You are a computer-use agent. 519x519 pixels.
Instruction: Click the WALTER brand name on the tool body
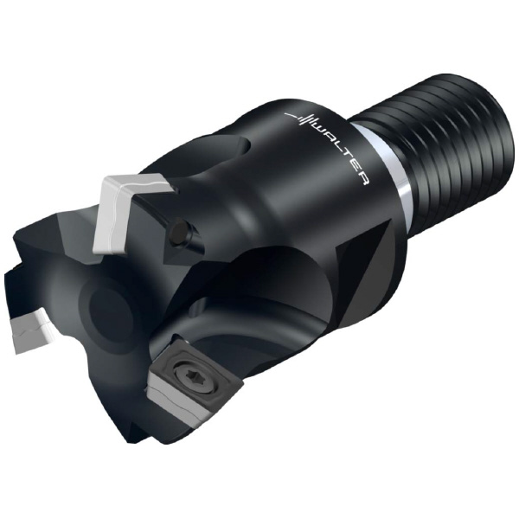[x=340, y=151]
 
